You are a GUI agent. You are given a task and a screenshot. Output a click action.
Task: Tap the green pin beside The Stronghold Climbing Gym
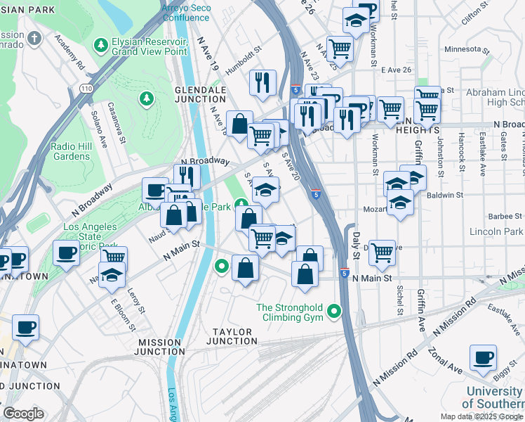[335, 310]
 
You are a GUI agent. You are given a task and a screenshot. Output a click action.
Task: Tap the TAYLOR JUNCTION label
[237, 336]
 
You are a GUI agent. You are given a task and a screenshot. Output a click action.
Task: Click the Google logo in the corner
[23, 414]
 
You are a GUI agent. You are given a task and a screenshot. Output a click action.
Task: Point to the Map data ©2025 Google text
[481, 416]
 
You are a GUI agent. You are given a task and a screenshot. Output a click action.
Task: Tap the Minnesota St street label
[466, 50]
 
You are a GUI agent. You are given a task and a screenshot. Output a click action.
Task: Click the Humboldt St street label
[243, 61]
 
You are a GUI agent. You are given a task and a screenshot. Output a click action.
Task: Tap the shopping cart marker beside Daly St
[382, 252]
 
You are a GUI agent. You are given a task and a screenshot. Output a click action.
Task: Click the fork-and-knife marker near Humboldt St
[263, 82]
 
